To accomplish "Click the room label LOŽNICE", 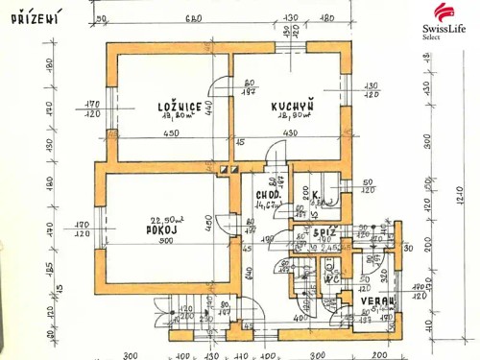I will pos(180,107).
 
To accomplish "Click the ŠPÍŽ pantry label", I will pos(324,233).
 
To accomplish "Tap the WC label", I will pos(306,277).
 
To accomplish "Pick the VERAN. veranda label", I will pos(378,300).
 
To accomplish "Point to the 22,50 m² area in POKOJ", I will pos(169,220).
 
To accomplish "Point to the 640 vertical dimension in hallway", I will pos(248,271).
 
